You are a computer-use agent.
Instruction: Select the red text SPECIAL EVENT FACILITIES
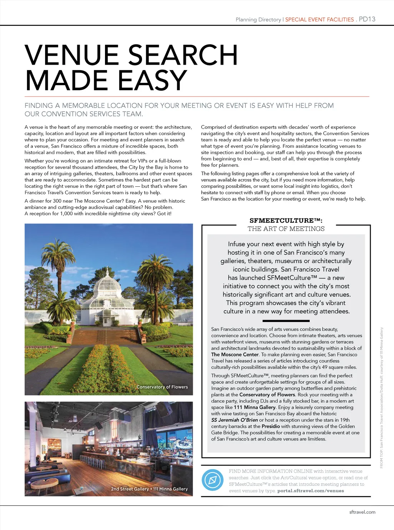(319, 20)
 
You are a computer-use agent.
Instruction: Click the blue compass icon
(212, 480)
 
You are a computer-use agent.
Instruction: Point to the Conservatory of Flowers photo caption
(162, 387)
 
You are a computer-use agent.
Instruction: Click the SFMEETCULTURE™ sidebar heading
(286, 220)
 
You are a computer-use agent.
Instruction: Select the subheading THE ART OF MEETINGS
(286, 229)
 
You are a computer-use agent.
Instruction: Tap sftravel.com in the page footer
(362, 512)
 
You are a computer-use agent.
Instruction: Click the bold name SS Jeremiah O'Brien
(234, 420)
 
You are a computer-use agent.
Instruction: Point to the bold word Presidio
(270, 426)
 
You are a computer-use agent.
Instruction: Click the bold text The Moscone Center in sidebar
(235, 354)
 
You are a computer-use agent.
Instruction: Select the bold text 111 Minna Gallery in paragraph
(254, 407)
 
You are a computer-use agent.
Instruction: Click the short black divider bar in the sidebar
(286, 320)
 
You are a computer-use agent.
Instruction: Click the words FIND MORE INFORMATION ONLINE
(270, 471)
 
